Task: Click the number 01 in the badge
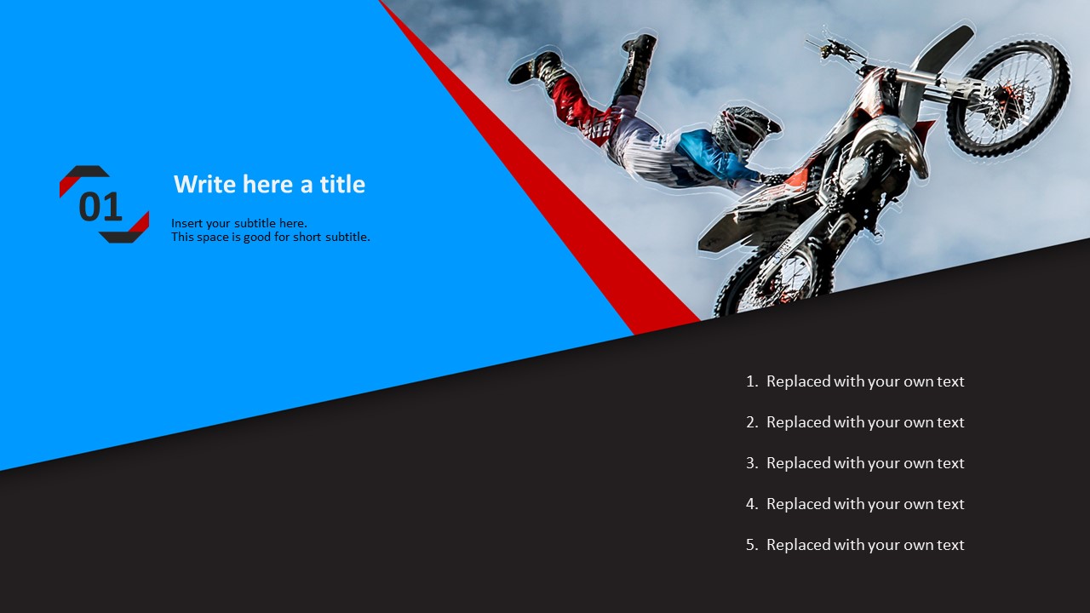pyautogui.click(x=100, y=207)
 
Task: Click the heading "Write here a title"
pyautogui.click(x=269, y=184)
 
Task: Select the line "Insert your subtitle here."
pyautogui.click(x=238, y=223)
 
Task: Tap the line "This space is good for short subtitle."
pyautogui.click(x=270, y=237)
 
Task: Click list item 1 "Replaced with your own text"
pyautogui.click(x=864, y=381)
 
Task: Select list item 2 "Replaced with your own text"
pyautogui.click(x=864, y=422)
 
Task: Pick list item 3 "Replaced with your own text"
pyautogui.click(x=864, y=463)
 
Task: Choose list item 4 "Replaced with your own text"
pyautogui.click(x=864, y=504)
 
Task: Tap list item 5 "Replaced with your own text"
pyautogui.click(x=864, y=545)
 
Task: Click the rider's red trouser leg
pyautogui.click(x=579, y=106)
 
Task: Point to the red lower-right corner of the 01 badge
pyautogui.click(x=140, y=223)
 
